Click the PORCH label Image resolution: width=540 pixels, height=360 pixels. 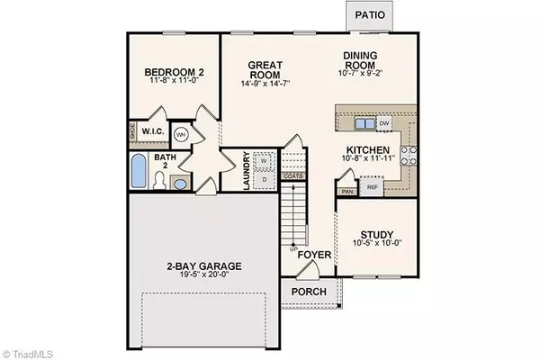(308, 292)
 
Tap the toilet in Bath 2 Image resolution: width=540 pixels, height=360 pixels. (158, 181)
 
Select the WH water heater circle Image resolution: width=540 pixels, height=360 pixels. (181, 134)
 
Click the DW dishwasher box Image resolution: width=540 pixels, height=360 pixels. (383, 123)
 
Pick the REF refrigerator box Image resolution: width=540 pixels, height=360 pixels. (372, 186)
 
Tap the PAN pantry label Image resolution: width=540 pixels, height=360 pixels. (347, 191)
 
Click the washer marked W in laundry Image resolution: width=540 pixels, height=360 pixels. (264, 161)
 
